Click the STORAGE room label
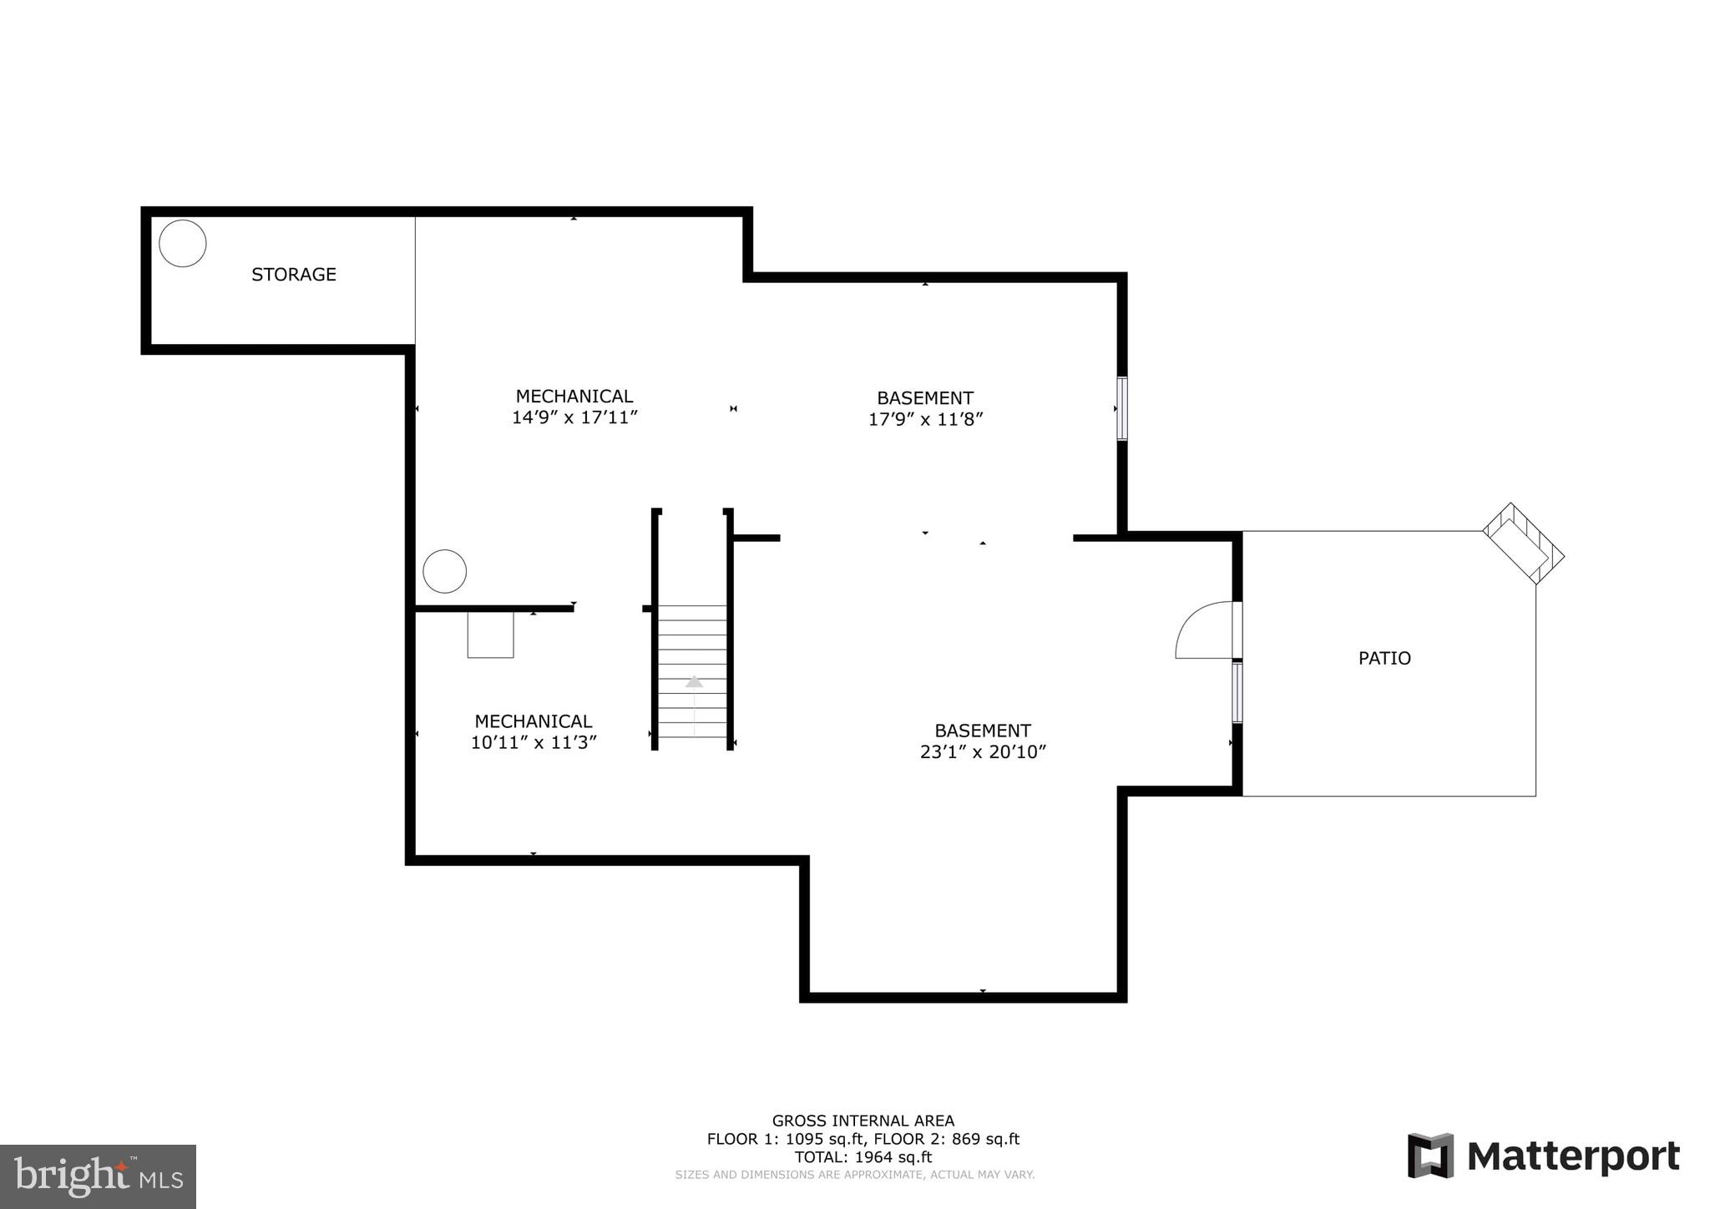point(294,274)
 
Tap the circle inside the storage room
point(183,243)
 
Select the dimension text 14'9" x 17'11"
point(574,417)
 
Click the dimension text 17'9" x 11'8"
point(925,419)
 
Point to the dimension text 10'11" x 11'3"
point(534,742)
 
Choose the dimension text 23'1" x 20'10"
point(983,751)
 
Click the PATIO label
point(1384,658)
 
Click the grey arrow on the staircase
point(694,682)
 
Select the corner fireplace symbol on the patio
point(1523,544)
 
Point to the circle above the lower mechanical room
point(444,571)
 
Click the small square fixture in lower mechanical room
point(490,635)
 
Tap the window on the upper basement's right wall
point(1122,408)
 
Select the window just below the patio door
point(1237,692)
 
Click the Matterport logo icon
point(1430,1156)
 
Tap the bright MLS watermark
point(99,1176)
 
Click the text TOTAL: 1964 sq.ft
point(863,1157)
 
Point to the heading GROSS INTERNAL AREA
point(863,1120)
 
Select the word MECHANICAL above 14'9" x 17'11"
point(574,396)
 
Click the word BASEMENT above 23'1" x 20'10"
point(983,730)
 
